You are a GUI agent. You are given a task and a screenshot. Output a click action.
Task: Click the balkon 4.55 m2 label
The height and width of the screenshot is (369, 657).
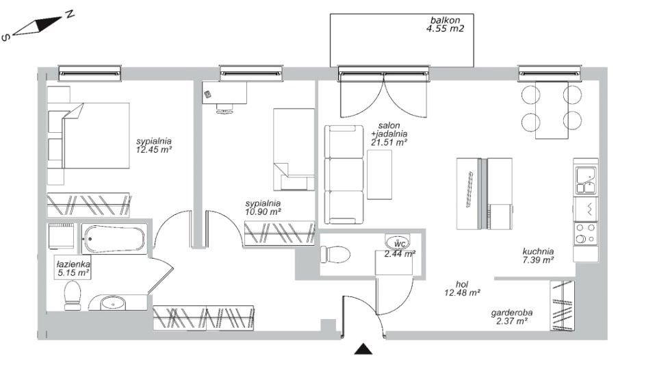point(445,25)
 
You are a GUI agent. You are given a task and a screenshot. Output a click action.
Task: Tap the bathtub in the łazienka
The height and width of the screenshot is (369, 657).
point(114,239)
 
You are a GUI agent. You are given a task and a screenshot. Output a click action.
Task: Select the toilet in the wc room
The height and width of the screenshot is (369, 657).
point(335,255)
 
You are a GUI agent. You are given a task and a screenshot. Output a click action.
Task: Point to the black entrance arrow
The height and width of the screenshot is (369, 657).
point(363,349)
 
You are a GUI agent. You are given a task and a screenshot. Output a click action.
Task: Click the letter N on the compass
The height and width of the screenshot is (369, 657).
point(70,14)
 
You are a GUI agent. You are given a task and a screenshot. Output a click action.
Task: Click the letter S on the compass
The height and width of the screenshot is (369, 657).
point(6,38)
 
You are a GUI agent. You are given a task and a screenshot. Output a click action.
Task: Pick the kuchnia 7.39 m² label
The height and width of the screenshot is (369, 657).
point(538,256)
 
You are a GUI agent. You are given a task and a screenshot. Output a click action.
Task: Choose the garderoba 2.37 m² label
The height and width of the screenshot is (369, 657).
point(512,317)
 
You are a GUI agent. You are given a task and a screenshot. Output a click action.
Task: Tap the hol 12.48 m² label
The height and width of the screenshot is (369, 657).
point(462,288)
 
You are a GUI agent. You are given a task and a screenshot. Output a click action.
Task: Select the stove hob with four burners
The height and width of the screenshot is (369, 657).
point(586,234)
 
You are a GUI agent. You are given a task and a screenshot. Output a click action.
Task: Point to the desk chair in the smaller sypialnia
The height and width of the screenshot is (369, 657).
point(224,109)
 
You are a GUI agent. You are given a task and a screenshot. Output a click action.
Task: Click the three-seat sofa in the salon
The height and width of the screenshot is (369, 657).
point(344,175)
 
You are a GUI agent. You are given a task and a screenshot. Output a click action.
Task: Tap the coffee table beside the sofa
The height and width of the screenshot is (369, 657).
point(380,175)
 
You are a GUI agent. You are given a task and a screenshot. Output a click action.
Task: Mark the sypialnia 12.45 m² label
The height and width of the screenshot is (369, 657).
point(154,146)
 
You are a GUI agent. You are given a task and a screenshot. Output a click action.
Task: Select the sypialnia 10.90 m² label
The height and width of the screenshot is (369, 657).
point(263,208)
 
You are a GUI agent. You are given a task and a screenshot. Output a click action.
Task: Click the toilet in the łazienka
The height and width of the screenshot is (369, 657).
point(73,296)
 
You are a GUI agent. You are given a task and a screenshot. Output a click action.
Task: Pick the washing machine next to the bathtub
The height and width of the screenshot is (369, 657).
point(62,236)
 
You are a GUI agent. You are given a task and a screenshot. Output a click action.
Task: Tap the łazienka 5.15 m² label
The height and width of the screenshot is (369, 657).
point(73,269)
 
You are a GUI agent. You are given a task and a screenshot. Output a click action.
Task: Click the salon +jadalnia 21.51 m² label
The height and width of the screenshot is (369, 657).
point(389,133)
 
